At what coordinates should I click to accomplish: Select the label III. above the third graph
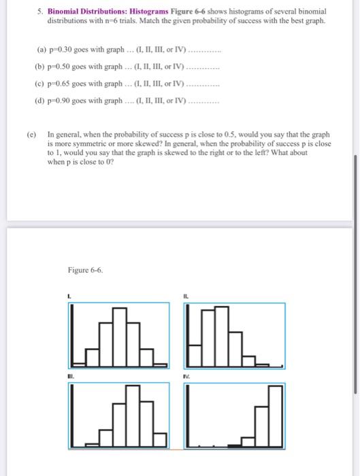tap(70, 374)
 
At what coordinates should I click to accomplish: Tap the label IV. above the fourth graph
tap(185, 374)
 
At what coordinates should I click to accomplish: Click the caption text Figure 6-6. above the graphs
tap(85, 271)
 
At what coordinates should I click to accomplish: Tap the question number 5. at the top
tap(39, 12)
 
